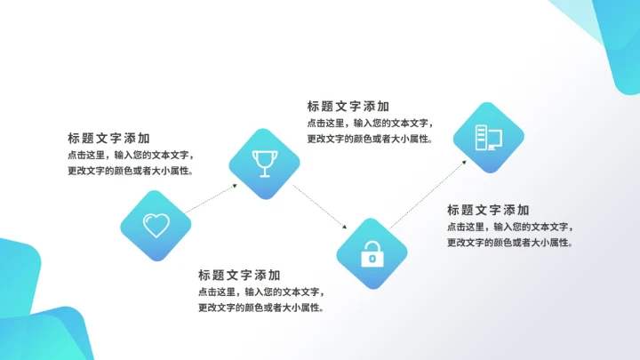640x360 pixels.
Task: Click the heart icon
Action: click(156, 225)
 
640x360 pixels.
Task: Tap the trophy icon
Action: click(264, 164)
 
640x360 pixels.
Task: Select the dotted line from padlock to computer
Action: click(427, 195)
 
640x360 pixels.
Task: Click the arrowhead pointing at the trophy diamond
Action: click(236, 186)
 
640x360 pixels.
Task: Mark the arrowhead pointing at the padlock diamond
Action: click(341, 228)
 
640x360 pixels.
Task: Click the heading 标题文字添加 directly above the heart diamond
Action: click(108, 139)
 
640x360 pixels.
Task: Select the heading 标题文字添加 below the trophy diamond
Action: click(239, 275)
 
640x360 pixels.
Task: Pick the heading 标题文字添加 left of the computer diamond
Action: click(348, 106)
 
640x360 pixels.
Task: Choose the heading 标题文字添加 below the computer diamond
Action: click(488, 210)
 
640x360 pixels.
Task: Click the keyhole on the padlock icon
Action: click(371, 259)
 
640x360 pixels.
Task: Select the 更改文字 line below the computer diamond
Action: click(509, 243)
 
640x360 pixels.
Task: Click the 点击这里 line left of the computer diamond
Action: click(370, 123)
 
